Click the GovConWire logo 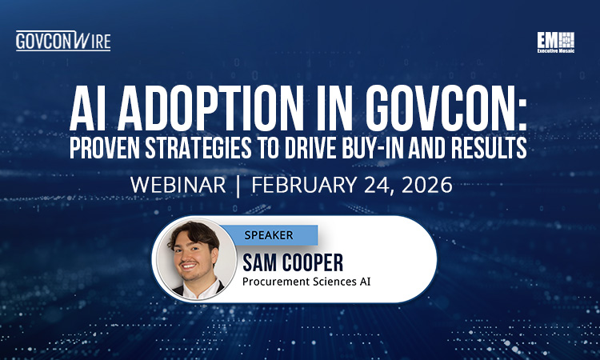(62, 41)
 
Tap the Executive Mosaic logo (556, 42)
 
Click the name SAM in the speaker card (268, 261)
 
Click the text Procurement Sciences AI (306, 282)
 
